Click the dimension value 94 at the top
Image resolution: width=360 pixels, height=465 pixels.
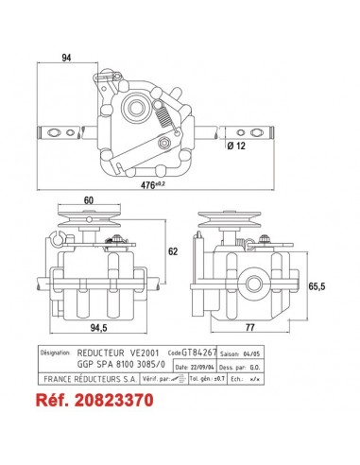tap(66, 58)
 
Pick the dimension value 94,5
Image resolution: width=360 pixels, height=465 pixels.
tap(94, 329)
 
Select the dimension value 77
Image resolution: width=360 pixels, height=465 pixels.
tap(249, 329)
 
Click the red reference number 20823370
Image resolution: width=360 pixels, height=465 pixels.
tap(104, 400)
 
